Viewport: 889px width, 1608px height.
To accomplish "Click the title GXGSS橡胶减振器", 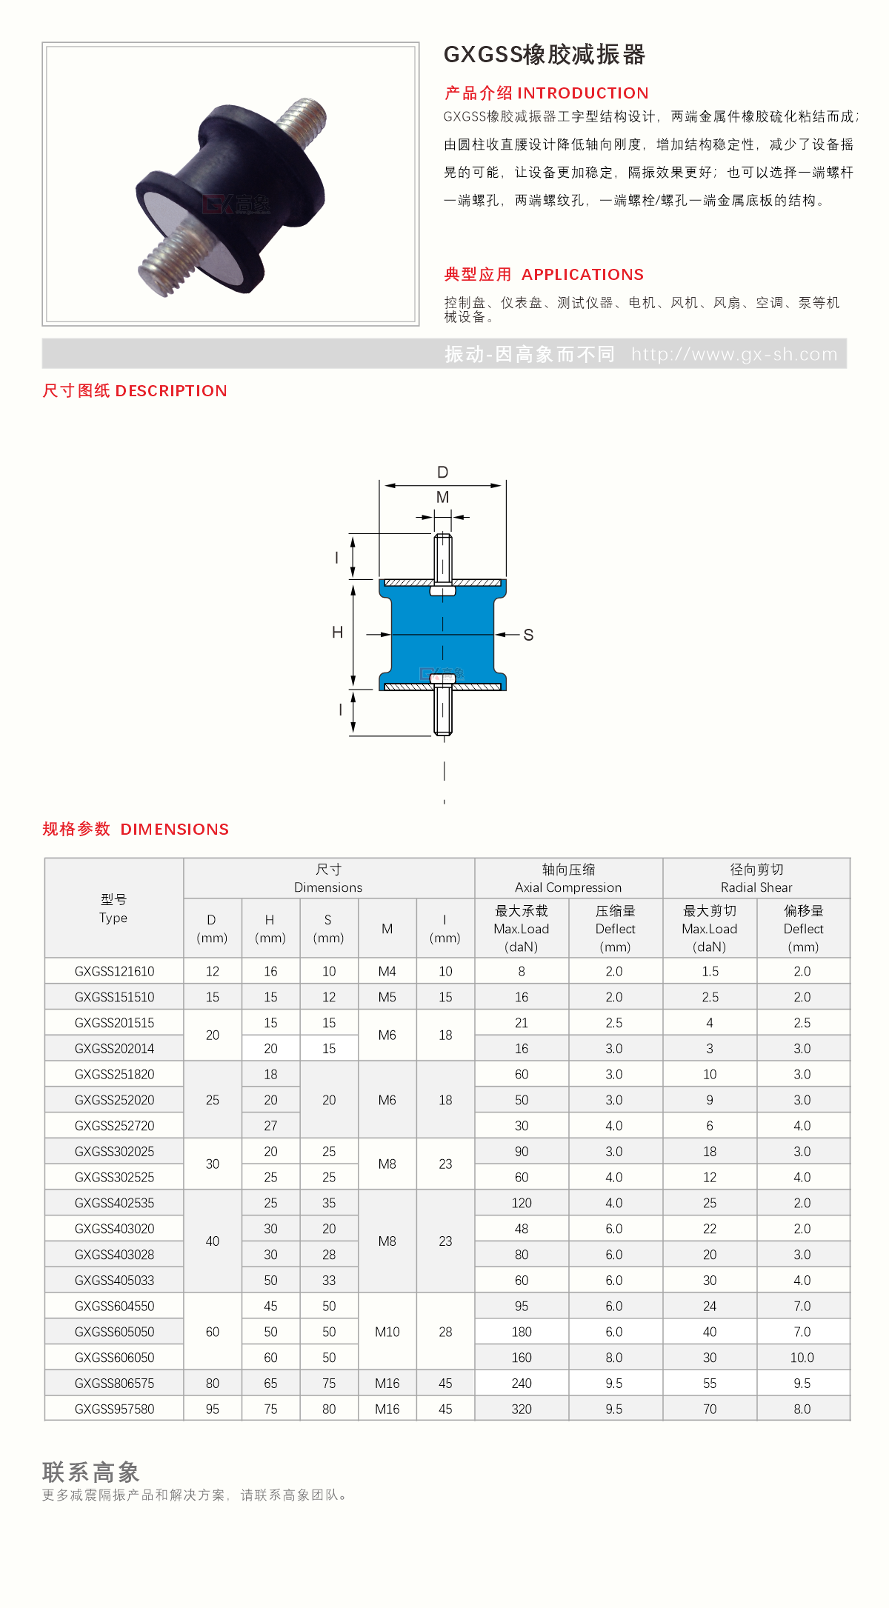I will point(544,55).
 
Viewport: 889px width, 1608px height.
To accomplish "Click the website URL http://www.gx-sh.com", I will point(733,355).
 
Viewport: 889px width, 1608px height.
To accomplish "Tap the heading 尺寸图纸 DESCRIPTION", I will point(135,391).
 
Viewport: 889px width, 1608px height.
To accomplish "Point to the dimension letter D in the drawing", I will point(443,473).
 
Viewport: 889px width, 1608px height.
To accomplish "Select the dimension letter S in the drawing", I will point(528,635).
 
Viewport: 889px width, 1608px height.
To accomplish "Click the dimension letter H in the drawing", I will point(337,633).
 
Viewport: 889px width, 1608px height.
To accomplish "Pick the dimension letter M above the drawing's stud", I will point(443,497).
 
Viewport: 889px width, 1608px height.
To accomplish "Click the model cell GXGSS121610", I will point(114,972).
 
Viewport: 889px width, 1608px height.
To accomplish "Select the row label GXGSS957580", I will point(114,1409).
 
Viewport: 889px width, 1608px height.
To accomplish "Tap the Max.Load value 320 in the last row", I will point(522,1409).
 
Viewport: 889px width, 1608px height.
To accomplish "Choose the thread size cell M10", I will point(387,1332).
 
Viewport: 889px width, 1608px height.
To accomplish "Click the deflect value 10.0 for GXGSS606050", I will point(802,1358).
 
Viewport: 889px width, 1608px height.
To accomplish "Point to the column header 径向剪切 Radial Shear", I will point(756,878).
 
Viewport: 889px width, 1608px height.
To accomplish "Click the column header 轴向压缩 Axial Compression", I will point(568,878).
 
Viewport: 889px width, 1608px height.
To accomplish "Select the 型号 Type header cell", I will point(113,909).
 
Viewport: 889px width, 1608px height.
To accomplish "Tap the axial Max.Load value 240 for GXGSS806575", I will point(522,1384).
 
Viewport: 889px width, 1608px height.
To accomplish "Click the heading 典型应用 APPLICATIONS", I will point(544,275).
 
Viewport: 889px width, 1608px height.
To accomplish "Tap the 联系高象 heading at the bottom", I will point(91,1472).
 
